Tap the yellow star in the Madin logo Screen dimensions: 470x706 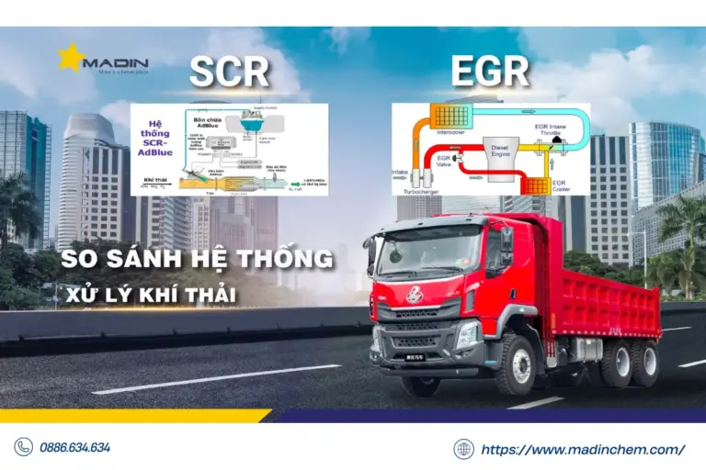pyautogui.click(x=70, y=58)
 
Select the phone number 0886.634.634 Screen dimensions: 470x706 pyautogui.click(x=74, y=448)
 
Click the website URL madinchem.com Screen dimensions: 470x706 pyautogui.click(x=584, y=449)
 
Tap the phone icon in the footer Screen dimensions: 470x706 pyautogui.click(x=23, y=448)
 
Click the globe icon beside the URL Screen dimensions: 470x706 pyautogui.click(x=463, y=449)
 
